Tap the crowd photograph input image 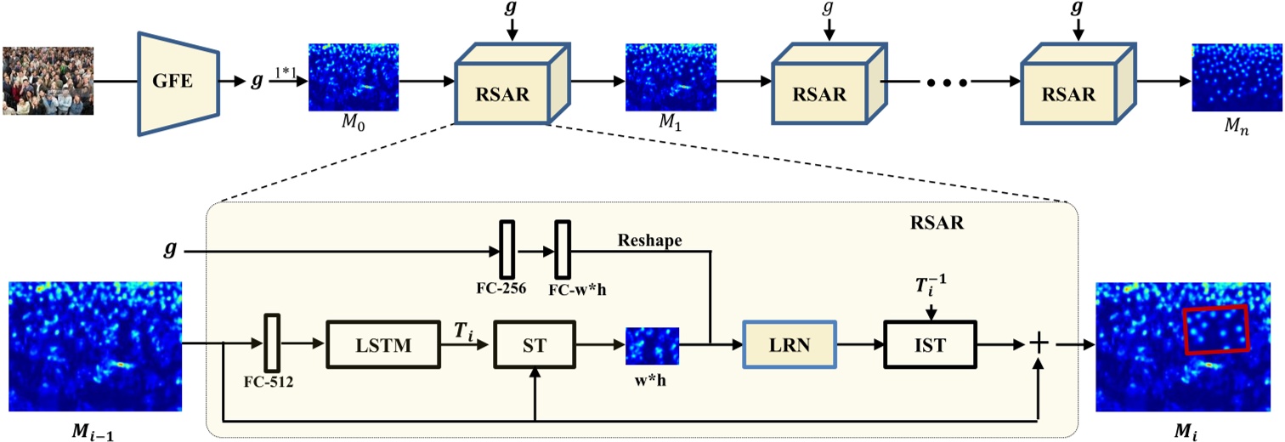coord(48,82)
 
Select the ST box coord(534,345)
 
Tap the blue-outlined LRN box coord(790,345)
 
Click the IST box coord(931,345)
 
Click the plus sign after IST coord(1038,343)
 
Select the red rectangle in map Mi coord(1216,329)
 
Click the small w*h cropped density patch coord(653,345)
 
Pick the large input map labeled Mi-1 coord(95,347)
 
